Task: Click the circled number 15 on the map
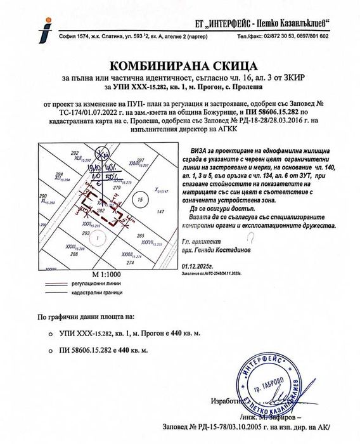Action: [139, 200]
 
